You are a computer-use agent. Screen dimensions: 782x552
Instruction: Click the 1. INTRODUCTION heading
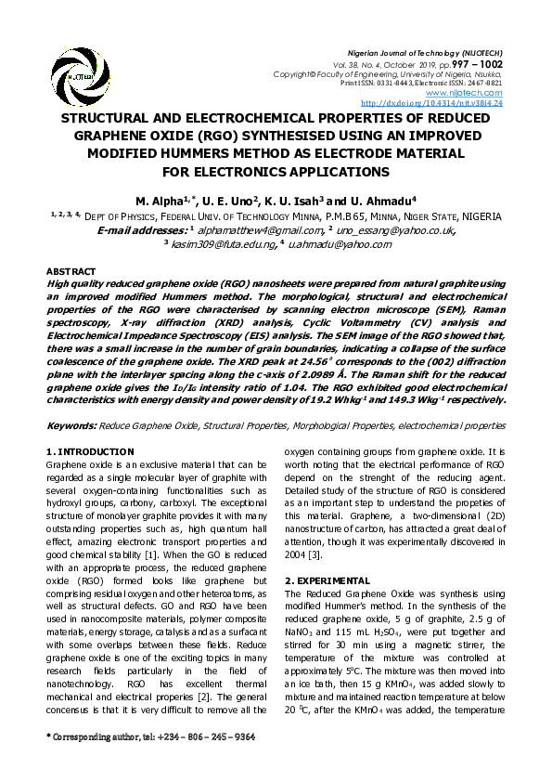click(91, 451)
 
